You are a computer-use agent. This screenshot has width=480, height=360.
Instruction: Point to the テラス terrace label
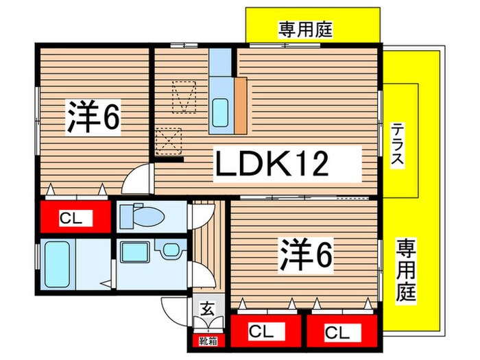click(397, 145)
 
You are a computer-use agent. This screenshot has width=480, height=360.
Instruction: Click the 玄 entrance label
click(206, 309)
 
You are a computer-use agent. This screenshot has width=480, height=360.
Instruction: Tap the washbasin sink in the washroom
click(132, 252)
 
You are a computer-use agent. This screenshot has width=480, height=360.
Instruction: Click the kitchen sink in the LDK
click(221, 112)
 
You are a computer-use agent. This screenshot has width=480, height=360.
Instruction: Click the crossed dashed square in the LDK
click(169, 142)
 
